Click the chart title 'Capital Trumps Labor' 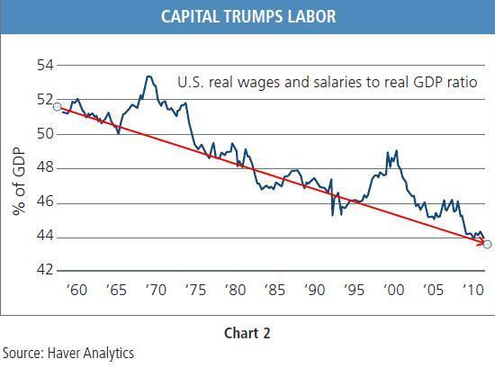click(247, 15)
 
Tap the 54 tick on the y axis click(44, 66)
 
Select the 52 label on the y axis click(44, 100)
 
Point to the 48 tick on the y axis click(44, 168)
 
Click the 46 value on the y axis click(44, 202)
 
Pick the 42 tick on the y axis click(44, 271)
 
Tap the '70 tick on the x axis click(155, 292)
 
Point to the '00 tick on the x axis click(392, 292)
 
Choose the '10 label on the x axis click(472, 292)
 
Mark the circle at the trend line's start click(57, 107)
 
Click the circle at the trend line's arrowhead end click(487, 244)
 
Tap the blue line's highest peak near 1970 click(148, 76)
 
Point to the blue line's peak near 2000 click(387, 152)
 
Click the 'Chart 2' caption click(247, 333)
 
